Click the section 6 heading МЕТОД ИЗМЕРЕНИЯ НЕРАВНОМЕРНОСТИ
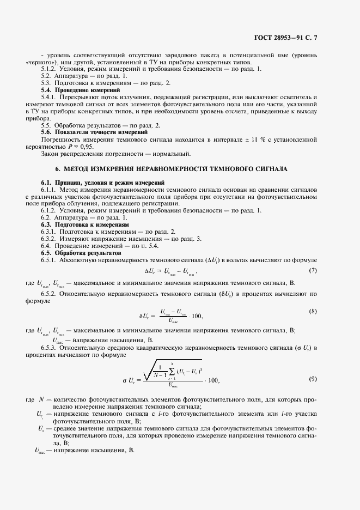(x=180, y=169)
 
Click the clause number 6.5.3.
(x=51, y=347)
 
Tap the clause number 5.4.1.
(x=51, y=96)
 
